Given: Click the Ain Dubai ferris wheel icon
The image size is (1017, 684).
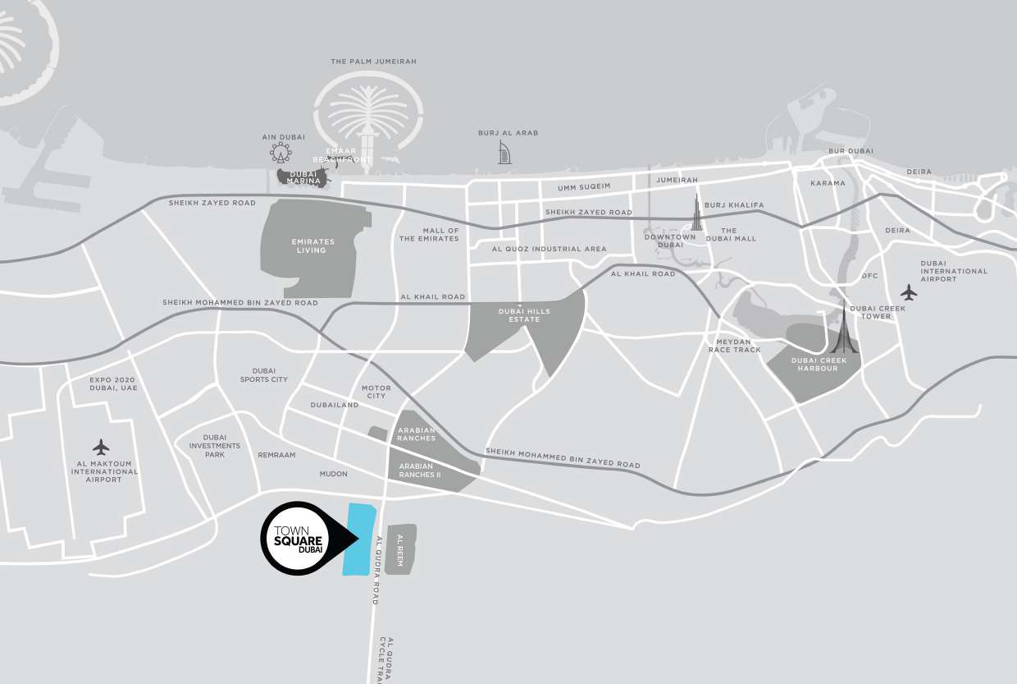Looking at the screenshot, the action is click(x=280, y=152).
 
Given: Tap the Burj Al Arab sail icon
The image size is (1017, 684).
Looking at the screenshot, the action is click(x=504, y=152).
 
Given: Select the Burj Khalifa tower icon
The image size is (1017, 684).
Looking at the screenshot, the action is click(x=698, y=214).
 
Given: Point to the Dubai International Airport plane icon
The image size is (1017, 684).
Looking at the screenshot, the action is click(x=908, y=292).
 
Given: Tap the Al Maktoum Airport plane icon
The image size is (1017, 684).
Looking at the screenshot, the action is click(x=101, y=448).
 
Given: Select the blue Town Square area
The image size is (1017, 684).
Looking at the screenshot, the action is click(x=358, y=539).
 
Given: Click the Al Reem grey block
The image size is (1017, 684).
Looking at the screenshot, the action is click(x=401, y=549).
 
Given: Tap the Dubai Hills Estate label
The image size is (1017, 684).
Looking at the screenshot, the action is click(x=524, y=315).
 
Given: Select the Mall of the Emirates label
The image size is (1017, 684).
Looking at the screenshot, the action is click(x=429, y=235).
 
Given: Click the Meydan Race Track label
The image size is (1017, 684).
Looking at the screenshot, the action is click(x=735, y=345).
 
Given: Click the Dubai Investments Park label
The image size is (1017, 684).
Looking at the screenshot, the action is click(x=215, y=445).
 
